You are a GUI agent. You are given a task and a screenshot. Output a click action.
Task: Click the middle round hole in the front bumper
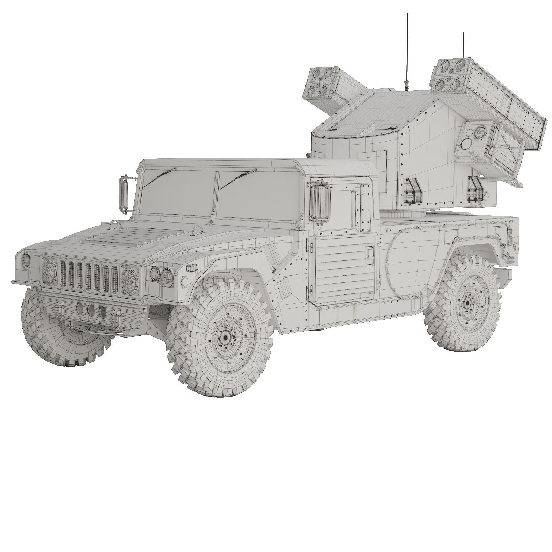pyautogui.click(x=91, y=310)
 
